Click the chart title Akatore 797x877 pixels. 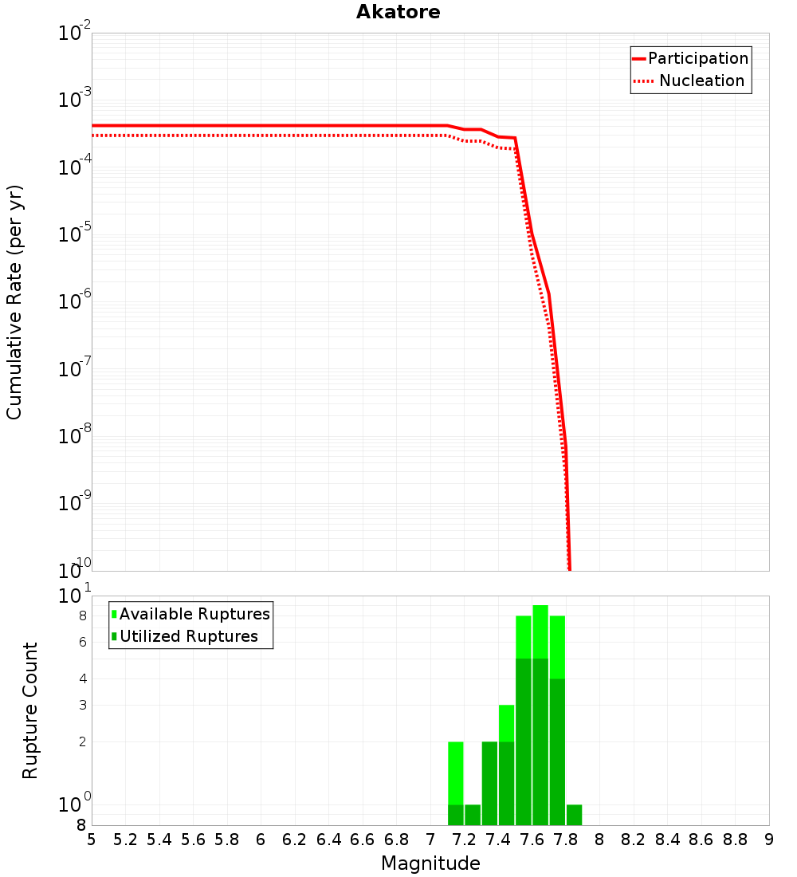click(398, 12)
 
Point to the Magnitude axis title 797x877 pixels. click(430, 863)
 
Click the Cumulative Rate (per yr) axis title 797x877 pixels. click(14, 302)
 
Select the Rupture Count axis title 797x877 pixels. click(30, 710)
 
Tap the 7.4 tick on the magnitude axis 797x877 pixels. click(498, 840)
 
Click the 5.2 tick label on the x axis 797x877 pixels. click(125, 840)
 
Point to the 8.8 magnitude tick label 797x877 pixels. click(735, 840)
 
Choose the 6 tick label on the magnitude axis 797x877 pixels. click(261, 840)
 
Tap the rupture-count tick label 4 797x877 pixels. click(82, 678)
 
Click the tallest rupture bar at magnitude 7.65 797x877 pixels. click(540, 715)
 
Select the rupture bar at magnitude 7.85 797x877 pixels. click(574, 815)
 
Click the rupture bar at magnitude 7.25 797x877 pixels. click(473, 815)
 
